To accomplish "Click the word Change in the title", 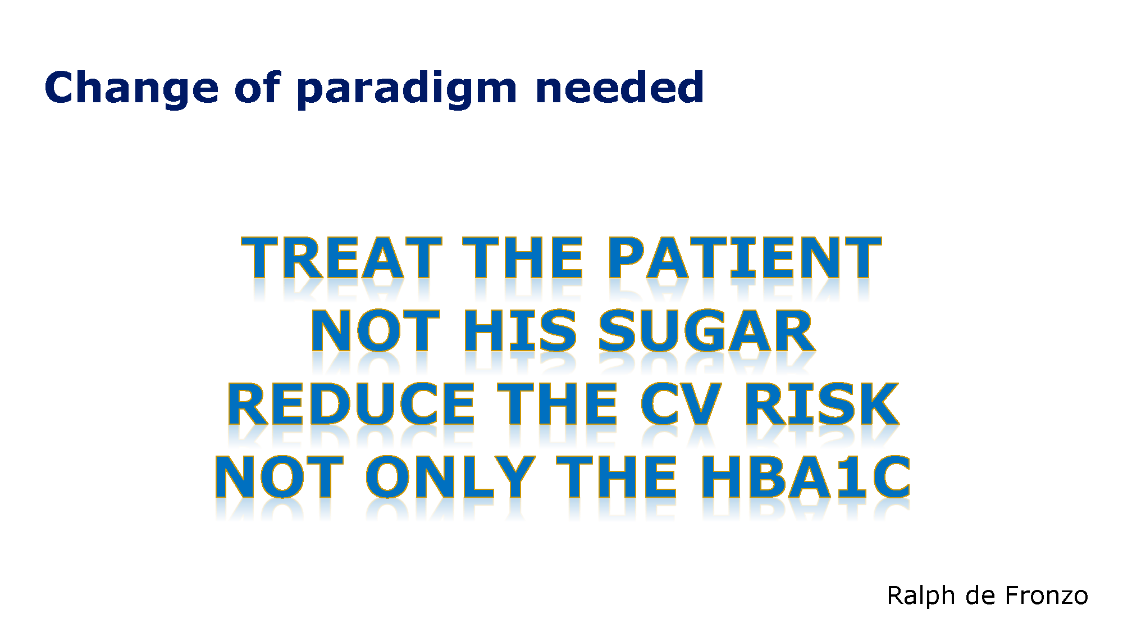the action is tap(131, 89).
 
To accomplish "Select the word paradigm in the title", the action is tap(407, 89).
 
